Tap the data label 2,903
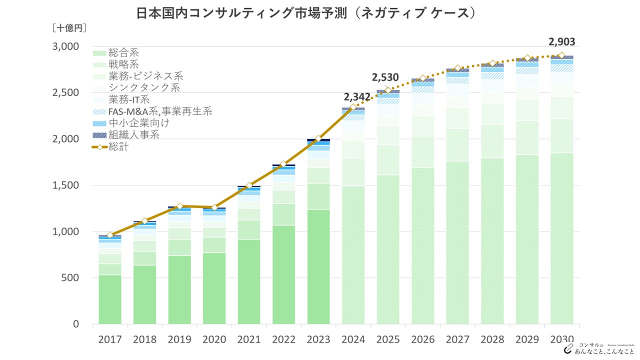(561, 42)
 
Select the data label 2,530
(385, 77)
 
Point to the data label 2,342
(357, 96)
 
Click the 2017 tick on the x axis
(110, 339)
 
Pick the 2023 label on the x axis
(318, 339)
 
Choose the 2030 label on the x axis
(561, 339)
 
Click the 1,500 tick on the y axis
(66, 185)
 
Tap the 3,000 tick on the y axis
(66, 46)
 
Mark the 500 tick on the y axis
(70, 278)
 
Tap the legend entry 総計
(119, 147)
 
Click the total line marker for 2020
(214, 207)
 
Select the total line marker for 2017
(110, 235)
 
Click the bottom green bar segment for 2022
(284, 275)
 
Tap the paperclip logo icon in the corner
(568, 348)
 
